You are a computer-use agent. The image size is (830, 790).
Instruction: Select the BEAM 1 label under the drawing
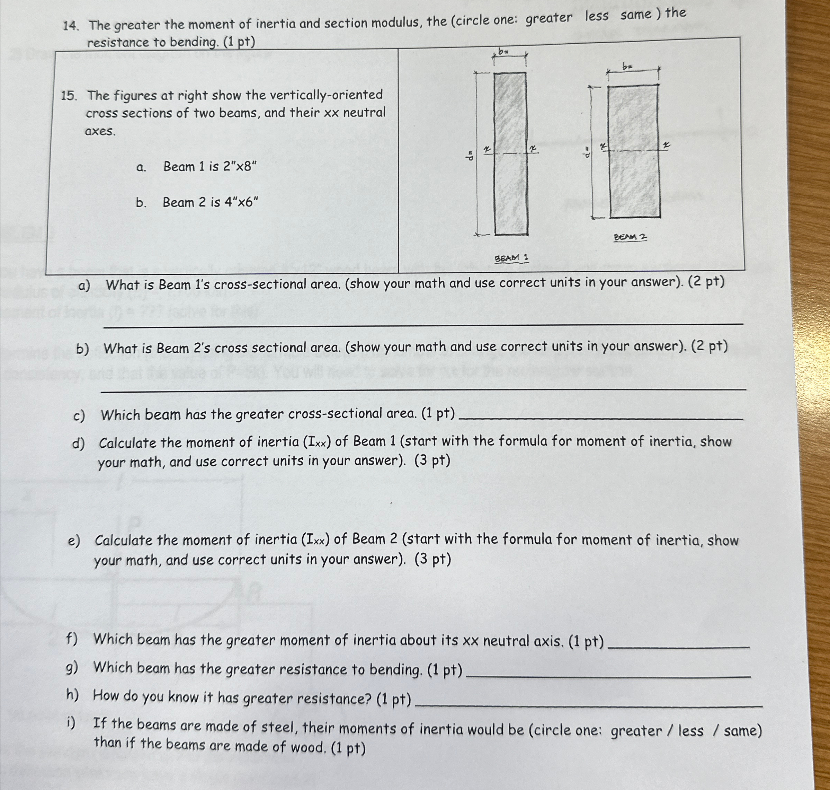point(511,258)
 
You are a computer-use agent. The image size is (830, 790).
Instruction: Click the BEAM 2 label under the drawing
point(630,237)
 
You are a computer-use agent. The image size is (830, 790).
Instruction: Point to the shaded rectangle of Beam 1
point(510,154)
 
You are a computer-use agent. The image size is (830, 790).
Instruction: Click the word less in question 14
point(596,16)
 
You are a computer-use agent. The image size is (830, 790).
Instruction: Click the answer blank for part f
point(679,646)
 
